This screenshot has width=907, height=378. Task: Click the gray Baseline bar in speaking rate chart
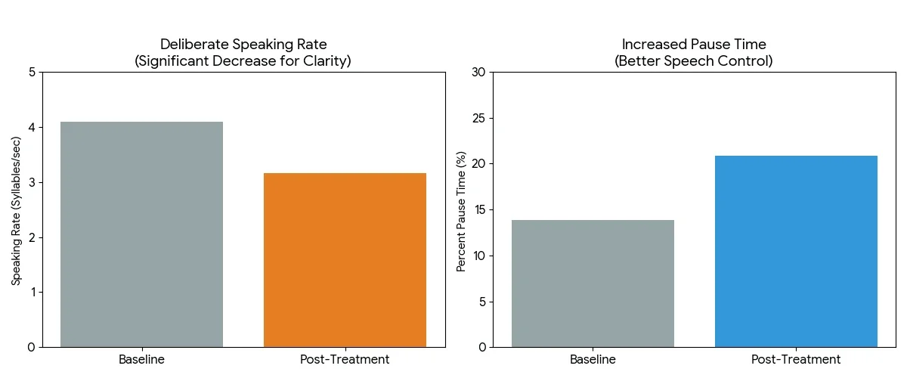pos(141,234)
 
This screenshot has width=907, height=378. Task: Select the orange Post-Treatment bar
pos(345,260)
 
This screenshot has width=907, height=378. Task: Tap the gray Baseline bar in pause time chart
pos(593,283)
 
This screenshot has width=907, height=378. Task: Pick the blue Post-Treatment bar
pos(796,251)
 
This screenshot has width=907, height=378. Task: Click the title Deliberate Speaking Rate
pos(243,45)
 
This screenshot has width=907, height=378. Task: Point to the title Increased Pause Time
pos(693,45)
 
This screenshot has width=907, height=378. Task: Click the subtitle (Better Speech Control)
pos(693,61)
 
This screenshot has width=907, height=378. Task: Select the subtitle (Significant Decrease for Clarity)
pos(243,61)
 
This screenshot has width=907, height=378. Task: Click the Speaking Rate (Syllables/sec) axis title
pos(16,209)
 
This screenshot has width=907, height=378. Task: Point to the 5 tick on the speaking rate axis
pos(32,73)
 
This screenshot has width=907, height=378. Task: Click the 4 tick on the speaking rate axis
pos(32,128)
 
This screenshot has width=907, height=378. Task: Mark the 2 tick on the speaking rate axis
pos(32,237)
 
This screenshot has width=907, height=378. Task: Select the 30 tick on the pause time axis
pos(478,73)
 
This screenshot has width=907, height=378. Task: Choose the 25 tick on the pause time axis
pos(478,119)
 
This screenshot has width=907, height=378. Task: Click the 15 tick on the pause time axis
pos(478,210)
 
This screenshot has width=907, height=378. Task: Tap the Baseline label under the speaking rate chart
pos(141,359)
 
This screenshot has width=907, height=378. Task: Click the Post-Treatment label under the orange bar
pos(345,359)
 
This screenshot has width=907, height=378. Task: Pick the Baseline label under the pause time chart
pos(593,359)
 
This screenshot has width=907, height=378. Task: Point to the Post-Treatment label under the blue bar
pos(796,359)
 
